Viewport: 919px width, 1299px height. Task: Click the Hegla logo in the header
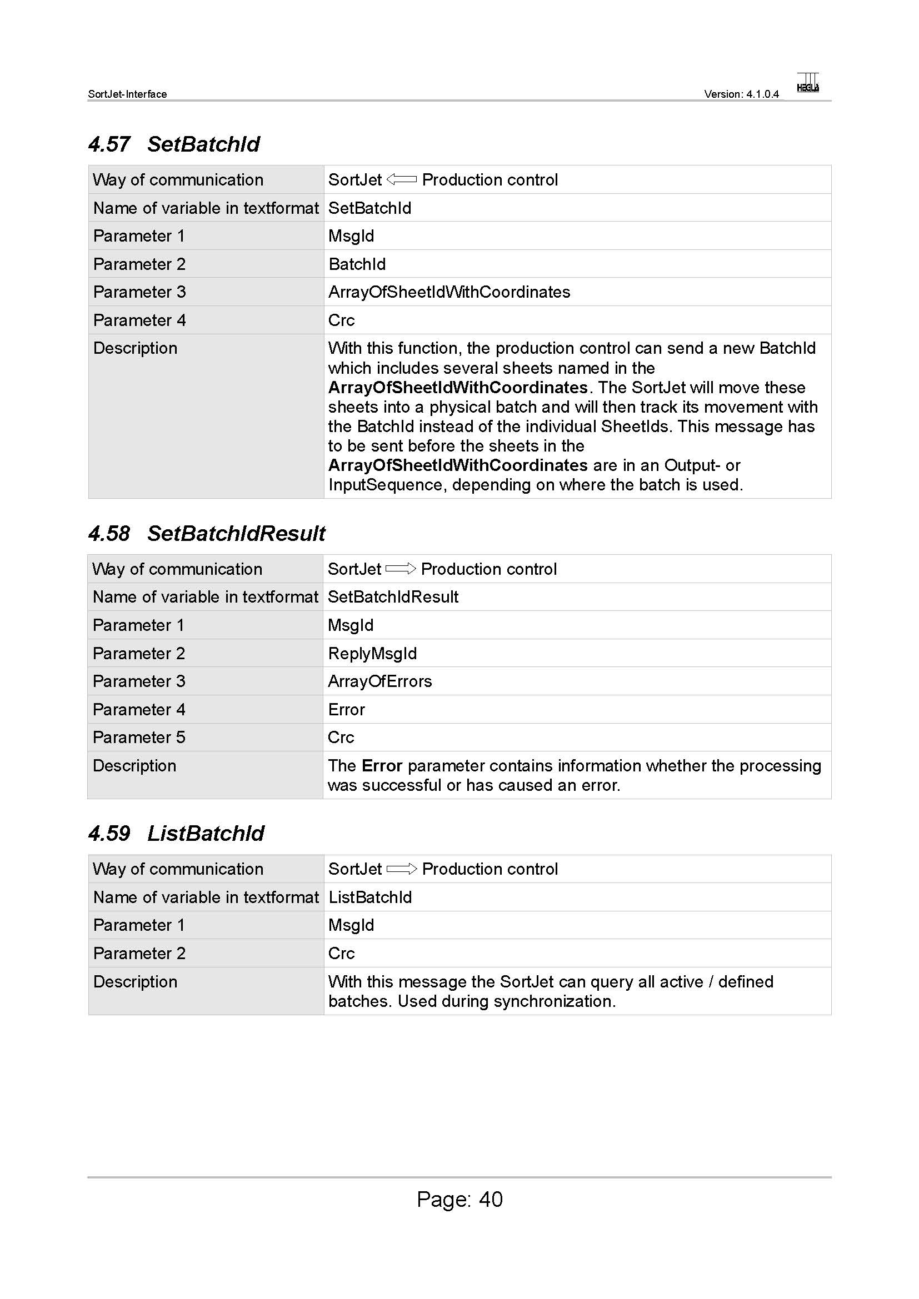tap(807, 83)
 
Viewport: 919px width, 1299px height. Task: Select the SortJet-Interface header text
tap(127, 94)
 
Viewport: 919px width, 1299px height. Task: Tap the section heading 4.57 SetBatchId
tap(174, 144)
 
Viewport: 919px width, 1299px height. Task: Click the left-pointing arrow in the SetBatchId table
tap(401, 180)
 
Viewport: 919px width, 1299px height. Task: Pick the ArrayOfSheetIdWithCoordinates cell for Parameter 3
tap(449, 292)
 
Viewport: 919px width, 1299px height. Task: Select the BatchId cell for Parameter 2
tap(357, 264)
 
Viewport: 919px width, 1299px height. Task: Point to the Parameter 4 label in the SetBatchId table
tap(139, 320)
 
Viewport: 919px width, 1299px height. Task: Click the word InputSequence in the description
tap(386, 485)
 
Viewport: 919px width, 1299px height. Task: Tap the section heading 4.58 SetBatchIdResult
tap(207, 534)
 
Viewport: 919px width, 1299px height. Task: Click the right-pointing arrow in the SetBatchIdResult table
tap(401, 569)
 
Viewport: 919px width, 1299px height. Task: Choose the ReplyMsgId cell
tap(372, 654)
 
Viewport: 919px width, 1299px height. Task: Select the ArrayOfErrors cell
tap(379, 681)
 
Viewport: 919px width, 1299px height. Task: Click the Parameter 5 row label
tap(139, 737)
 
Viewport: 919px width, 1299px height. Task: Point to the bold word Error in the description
tap(382, 765)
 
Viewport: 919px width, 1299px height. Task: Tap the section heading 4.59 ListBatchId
tap(176, 834)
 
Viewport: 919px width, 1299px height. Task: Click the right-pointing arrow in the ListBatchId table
tap(401, 869)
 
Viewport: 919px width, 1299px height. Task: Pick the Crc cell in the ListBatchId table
tap(341, 954)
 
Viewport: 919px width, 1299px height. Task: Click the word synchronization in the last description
tap(555, 1001)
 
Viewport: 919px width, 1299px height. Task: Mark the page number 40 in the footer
tap(491, 1200)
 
